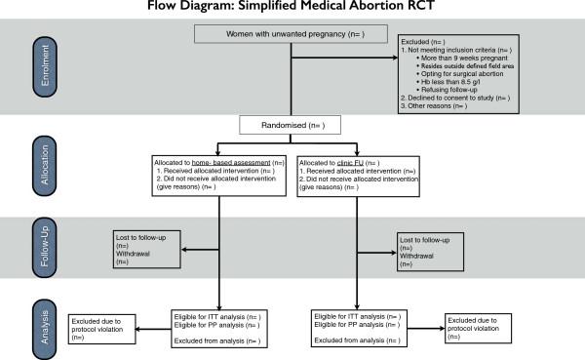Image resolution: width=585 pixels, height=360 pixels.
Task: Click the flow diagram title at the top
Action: point(292,8)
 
